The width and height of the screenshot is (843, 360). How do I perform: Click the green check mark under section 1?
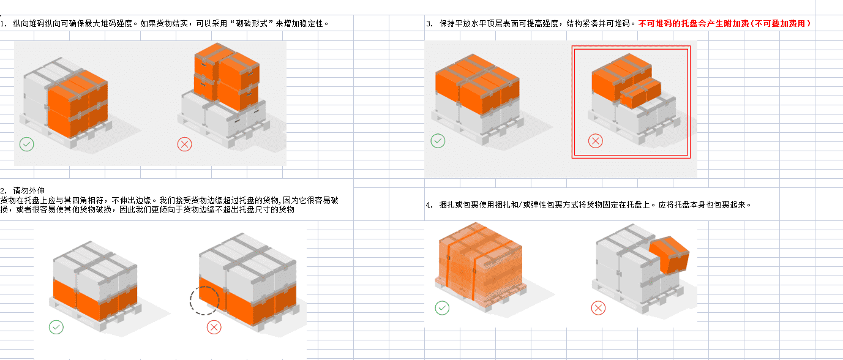tap(27, 144)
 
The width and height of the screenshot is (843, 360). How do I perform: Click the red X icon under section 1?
tap(184, 144)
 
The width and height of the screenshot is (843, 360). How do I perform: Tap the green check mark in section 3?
tap(438, 141)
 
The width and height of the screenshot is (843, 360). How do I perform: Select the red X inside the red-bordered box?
tap(596, 141)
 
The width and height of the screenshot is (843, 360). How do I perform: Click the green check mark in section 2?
tap(56, 328)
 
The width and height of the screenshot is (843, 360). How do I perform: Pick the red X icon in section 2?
tap(214, 328)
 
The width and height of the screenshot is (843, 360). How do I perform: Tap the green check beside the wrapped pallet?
tap(442, 308)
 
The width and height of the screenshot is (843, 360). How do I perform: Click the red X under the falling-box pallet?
tap(598, 308)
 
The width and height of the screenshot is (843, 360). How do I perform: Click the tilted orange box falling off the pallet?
tap(670, 254)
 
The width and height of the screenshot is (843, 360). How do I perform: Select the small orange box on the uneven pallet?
tap(640, 92)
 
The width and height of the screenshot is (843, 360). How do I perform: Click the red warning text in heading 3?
tap(724, 23)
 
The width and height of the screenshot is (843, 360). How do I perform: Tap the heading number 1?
tap(4, 24)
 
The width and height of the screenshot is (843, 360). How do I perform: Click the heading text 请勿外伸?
tap(29, 190)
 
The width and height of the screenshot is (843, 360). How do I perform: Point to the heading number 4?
tap(429, 205)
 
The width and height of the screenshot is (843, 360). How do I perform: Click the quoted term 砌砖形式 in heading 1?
tap(252, 23)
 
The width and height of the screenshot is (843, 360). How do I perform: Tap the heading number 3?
tap(429, 24)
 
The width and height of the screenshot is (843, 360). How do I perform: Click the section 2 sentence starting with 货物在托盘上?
tap(169, 204)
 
